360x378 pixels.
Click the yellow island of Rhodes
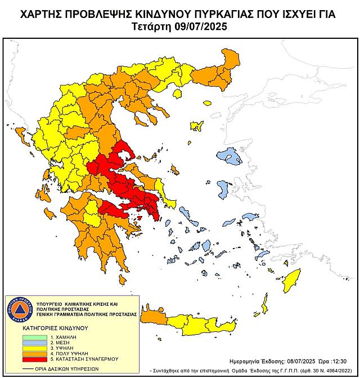(x=292, y=280)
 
